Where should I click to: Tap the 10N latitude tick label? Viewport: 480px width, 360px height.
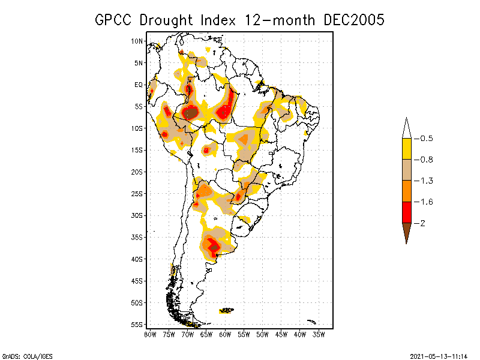point(137,41)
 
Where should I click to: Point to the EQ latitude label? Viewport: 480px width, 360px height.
point(139,85)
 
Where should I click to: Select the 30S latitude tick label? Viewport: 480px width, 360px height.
point(137,215)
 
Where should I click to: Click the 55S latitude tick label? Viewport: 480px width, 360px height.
point(137,325)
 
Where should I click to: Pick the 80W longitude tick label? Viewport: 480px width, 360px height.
point(150,334)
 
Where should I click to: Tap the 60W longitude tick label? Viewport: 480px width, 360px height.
point(225,334)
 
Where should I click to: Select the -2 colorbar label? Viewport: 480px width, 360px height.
point(423,223)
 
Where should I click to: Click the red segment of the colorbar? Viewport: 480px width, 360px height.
point(406,212)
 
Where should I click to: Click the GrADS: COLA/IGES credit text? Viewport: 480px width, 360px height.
point(23,355)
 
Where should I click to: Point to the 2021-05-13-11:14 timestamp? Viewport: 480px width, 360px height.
point(439,355)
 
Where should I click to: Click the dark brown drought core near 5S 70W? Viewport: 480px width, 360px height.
point(191,112)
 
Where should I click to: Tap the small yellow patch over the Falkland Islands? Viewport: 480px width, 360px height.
point(227,310)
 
